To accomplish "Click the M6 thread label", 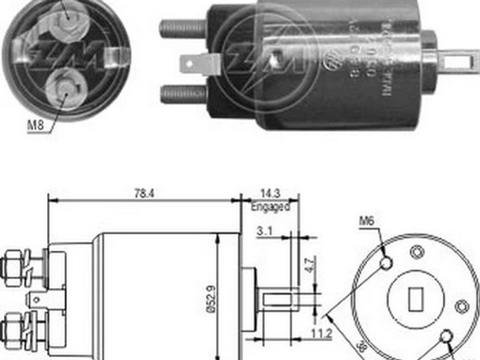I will [x=366, y=222].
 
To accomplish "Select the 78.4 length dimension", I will [x=144, y=191].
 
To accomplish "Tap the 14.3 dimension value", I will [x=271, y=192].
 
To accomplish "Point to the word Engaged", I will [x=271, y=206].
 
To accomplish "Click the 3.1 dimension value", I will [x=265, y=231].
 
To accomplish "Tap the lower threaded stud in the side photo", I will [x=183, y=94].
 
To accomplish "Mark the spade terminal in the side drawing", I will [x=35, y=298].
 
